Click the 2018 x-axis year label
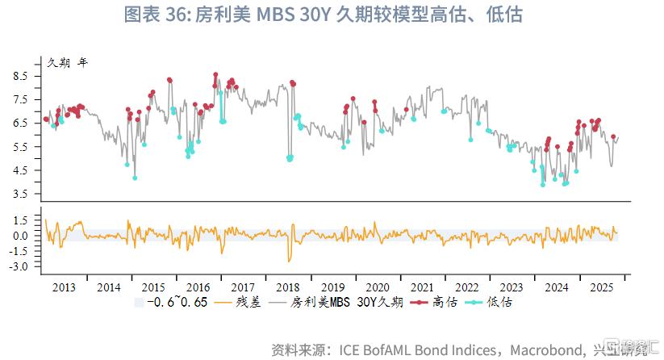[x=286, y=287]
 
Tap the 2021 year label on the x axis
[x=421, y=287]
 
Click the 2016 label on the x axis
[x=198, y=287]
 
